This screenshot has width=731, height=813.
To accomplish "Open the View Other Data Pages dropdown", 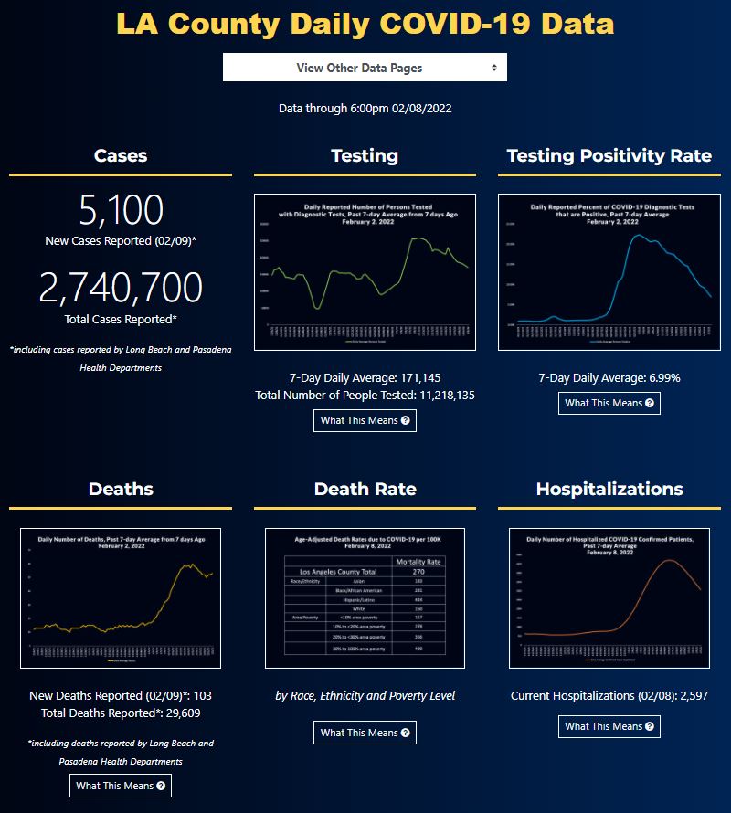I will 365,68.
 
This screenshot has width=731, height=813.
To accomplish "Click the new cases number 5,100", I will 121,210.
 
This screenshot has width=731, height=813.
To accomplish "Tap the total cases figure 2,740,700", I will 121,288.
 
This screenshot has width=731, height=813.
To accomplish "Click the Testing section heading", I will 365,155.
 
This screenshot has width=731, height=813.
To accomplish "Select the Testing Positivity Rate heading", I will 609,155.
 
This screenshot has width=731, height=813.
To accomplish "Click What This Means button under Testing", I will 365,420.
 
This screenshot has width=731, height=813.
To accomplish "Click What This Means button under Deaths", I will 121,786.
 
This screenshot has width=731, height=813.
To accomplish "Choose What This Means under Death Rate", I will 365,733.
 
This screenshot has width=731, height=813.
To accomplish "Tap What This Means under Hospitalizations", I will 609,726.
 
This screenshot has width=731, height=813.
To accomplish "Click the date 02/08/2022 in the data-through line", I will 422,109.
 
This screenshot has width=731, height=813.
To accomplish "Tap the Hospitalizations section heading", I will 609,489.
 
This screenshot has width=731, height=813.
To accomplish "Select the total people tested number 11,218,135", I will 434,395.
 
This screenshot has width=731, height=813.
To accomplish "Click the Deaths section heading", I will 121,489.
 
